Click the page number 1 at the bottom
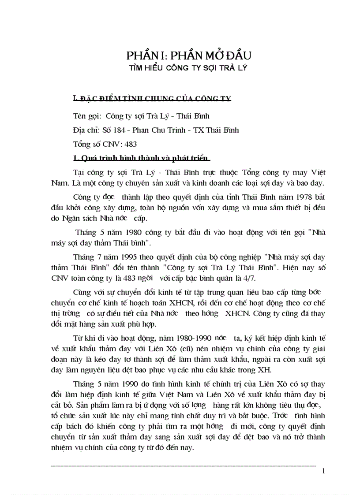point(324,472)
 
